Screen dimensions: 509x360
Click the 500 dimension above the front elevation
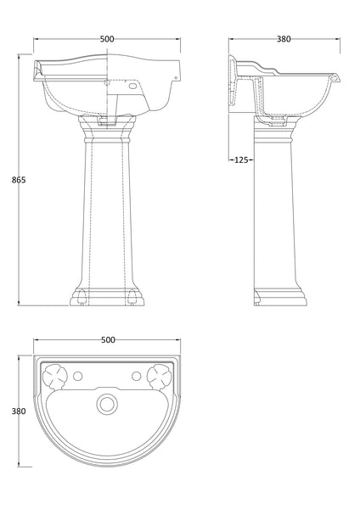[x=106, y=39]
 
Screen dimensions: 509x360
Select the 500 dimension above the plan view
[x=108, y=340]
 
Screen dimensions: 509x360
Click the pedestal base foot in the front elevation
[x=108, y=297]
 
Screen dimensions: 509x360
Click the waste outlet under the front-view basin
[x=108, y=121]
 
